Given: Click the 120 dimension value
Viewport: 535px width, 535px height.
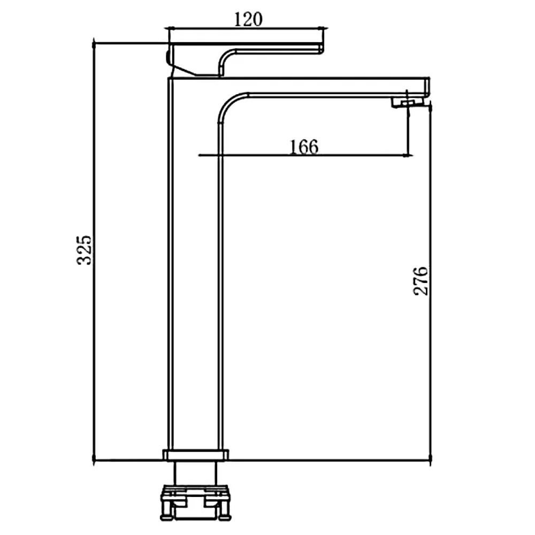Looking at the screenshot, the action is click(x=248, y=19).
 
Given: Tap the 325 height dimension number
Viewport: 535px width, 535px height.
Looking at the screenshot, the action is click(x=84, y=250).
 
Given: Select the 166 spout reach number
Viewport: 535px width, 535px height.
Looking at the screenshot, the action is click(x=304, y=147).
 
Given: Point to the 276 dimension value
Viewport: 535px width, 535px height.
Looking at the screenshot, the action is click(x=421, y=281).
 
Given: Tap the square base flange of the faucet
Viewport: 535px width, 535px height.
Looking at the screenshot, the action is click(x=196, y=455).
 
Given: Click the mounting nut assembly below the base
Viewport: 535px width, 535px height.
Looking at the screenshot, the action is click(x=196, y=502).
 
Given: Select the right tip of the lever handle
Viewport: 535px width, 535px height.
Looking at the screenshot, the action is click(x=322, y=48).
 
